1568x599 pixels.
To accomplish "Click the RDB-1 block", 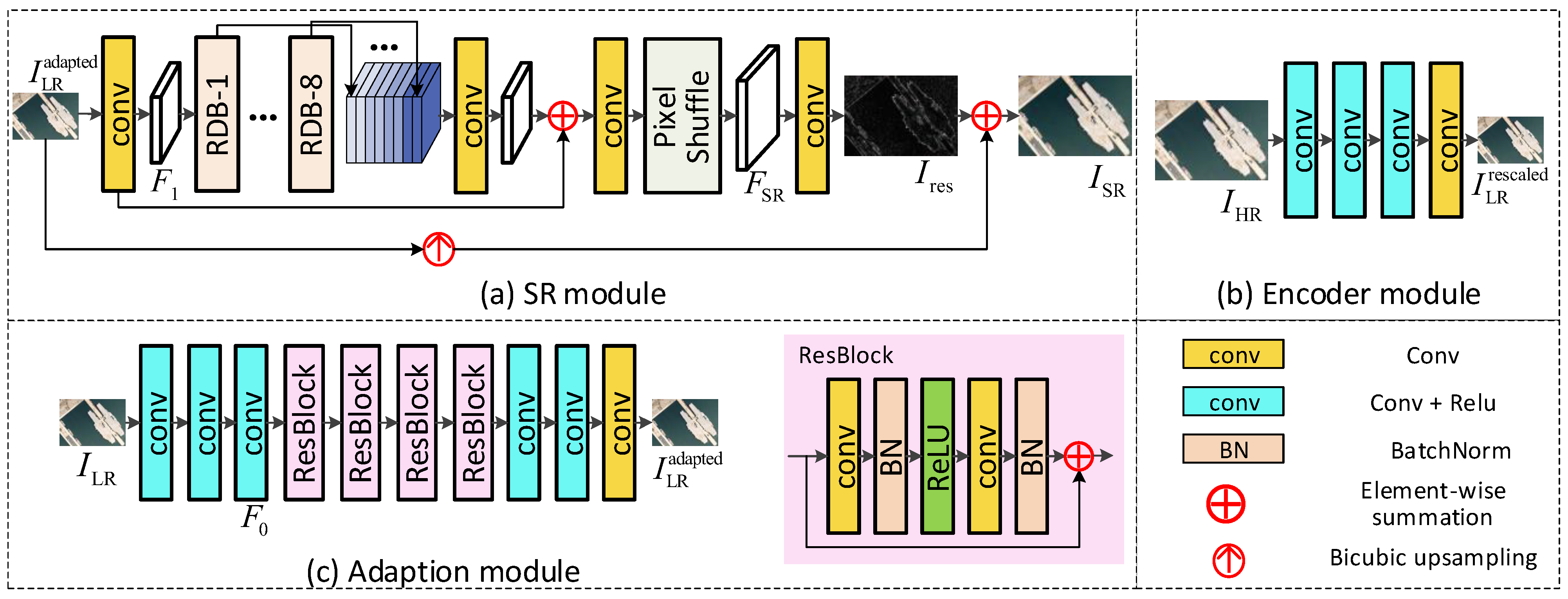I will (217, 115).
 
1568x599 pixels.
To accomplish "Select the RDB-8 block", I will (311, 115).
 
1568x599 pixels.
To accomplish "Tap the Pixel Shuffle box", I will (682, 116).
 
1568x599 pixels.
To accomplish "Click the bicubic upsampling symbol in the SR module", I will (438, 248).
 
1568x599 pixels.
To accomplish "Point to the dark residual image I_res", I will (900, 116).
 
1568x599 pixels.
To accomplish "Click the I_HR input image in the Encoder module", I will (1211, 140).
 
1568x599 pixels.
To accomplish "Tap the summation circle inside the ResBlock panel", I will (1079, 455).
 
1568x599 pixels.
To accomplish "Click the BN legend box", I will (1233, 449).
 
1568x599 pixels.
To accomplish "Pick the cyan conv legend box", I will (1233, 402).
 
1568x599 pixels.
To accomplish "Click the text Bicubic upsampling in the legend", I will (1433, 558).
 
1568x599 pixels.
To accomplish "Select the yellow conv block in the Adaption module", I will (619, 423).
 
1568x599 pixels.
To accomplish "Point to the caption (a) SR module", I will (573, 294).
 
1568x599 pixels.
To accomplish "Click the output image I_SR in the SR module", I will (1074, 116).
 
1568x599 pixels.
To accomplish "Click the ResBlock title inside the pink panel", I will (845, 356).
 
